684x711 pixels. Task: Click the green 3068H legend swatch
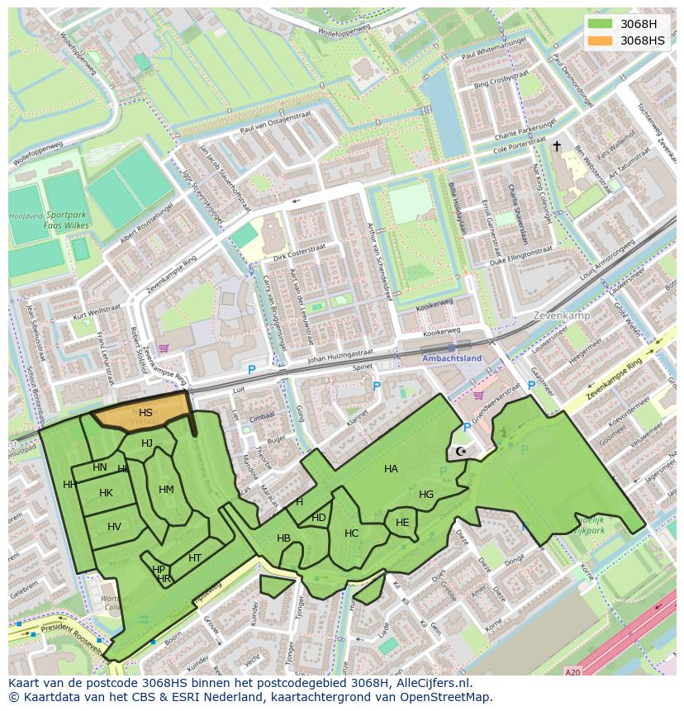pos(601,24)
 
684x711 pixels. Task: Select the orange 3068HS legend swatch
pos(601,40)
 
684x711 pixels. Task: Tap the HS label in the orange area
pos(145,413)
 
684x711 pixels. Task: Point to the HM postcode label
pos(166,490)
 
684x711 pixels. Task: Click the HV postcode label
pos(114,527)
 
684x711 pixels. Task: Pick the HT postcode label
pos(195,558)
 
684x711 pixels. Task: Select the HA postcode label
pos(391,469)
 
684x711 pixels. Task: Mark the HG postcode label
pos(426,495)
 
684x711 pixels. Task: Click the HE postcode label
pos(402,523)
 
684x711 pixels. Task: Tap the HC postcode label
pos(352,533)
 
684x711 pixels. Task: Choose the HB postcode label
pos(283,538)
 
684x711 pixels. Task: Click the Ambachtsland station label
pos(451,358)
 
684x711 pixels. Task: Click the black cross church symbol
pos(557,146)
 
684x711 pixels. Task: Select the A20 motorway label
pos(572,673)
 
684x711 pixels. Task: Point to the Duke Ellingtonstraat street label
pos(520,255)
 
